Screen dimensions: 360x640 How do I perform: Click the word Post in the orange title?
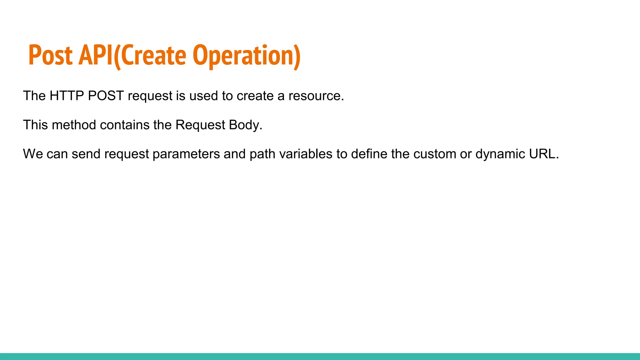coord(50,56)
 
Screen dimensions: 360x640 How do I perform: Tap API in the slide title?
coord(96,56)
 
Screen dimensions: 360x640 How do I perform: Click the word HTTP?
coord(67,96)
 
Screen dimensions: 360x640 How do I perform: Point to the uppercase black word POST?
coord(106,96)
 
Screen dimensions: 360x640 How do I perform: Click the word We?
coord(33,154)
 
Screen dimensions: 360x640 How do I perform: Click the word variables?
coord(306,154)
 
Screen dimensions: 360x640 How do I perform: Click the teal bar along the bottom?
coord(320,356)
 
